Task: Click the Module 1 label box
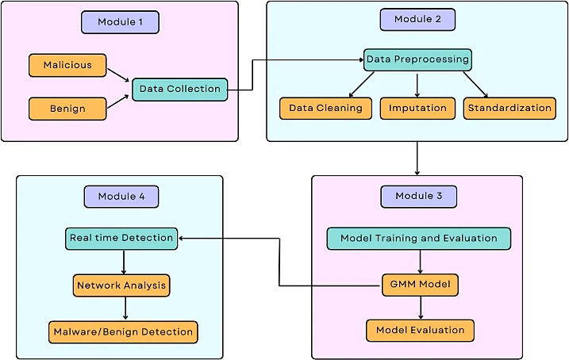120,22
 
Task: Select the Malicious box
67,65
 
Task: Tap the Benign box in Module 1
67,109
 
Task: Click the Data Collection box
180,89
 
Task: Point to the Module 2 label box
417,20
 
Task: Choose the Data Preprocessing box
417,59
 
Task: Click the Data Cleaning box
325,109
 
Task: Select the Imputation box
417,109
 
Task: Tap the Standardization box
509,109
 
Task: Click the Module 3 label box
419,197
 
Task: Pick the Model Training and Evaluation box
419,239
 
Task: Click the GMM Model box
421,285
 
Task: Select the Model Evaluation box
421,331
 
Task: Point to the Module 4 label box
121,197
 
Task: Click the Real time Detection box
121,239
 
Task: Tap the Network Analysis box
121,285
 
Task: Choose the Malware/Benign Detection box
123,332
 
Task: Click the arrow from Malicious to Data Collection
119,75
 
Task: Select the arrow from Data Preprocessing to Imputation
417,86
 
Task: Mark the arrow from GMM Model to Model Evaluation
421,308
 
